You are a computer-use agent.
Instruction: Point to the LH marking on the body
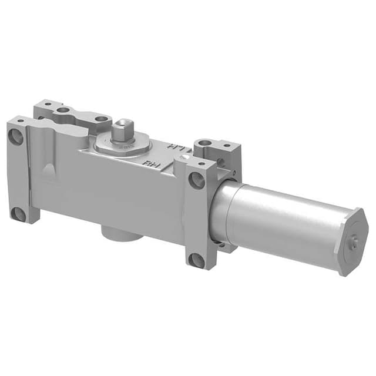tap(174, 146)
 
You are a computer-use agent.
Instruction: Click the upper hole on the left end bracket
tap(16, 137)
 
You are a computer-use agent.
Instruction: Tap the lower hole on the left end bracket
tap(19, 214)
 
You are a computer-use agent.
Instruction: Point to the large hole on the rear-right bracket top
tap(203, 143)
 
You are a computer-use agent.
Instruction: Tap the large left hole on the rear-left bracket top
tap(62, 110)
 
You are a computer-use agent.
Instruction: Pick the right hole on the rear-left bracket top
tap(100, 119)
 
